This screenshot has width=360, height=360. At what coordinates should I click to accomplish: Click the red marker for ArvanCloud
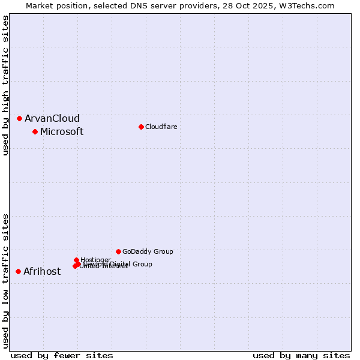pyautogui.click(x=19, y=118)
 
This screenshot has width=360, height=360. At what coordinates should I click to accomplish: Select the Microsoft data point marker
pyautogui.click(x=35, y=131)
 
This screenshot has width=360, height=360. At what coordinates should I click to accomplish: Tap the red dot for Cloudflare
pyautogui.click(x=141, y=127)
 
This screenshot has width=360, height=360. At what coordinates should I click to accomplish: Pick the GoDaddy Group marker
pyautogui.click(x=118, y=251)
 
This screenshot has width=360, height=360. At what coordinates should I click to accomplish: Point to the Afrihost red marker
pyautogui.click(x=18, y=271)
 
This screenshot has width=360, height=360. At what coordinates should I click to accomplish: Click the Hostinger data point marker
pyautogui.click(x=76, y=260)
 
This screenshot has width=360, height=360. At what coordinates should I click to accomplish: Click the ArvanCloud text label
pyautogui.click(x=52, y=119)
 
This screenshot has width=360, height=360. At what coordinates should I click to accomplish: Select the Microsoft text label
pyautogui.click(x=61, y=132)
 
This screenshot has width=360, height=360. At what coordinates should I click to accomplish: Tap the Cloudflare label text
pyautogui.click(x=161, y=127)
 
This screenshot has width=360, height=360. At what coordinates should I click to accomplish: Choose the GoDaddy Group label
pyautogui.click(x=147, y=252)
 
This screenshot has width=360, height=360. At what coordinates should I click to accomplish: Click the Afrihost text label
pyautogui.click(x=41, y=272)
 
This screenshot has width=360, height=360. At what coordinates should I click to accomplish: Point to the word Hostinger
pyautogui.click(x=95, y=260)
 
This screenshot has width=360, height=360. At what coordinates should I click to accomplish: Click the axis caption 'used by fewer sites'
pyautogui.click(x=62, y=355)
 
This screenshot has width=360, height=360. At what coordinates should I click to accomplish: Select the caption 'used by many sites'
pyautogui.click(x=301, y=355)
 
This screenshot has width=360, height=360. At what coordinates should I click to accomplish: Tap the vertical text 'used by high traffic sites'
pyautogui.click(x=5, y=85)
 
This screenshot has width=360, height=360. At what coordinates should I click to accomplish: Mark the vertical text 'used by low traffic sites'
pyautogui.click(x=5, y=280)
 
